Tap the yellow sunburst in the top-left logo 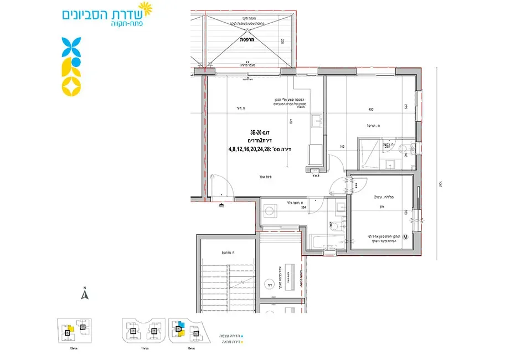[145, 8]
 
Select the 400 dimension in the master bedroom [371, 110]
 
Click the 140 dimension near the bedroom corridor [342, 147]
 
